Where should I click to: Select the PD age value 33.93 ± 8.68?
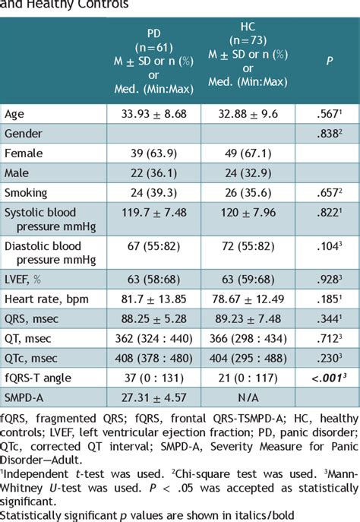click(153, 114)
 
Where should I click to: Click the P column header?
click(329, 60)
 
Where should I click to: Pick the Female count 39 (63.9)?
click(153, 153)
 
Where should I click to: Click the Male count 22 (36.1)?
click(153, 173)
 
